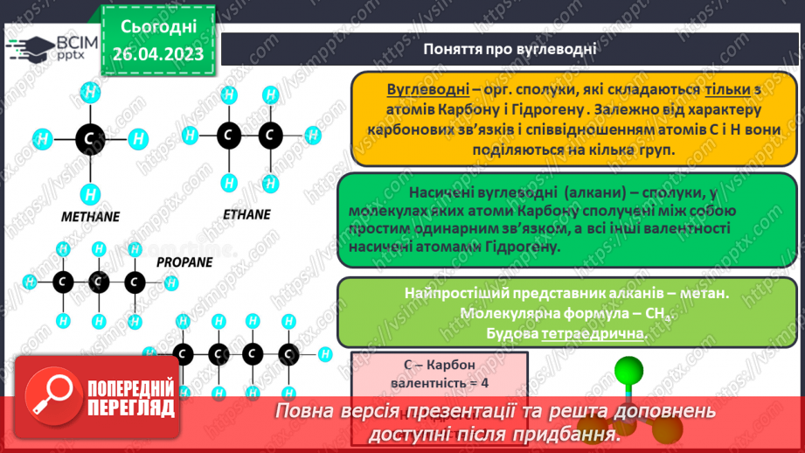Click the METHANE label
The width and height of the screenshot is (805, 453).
coord(91,216)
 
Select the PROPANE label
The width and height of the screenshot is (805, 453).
coord(185,261)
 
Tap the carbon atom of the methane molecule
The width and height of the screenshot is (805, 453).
coord(88,138)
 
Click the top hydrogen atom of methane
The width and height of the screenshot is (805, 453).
coord(88,90)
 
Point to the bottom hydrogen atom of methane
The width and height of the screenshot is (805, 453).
coord(88,192)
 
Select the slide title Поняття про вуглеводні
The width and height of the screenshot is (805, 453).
coord(510,49)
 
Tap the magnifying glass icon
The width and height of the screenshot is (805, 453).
coord(50,395)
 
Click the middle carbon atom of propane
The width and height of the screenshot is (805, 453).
coord(98,282)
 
